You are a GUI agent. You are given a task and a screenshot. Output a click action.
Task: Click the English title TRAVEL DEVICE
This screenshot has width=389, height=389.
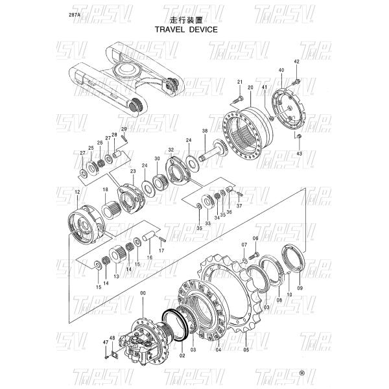[x=185, y=29]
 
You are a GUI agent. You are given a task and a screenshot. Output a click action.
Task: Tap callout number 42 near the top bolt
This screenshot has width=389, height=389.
[x=296, y=62]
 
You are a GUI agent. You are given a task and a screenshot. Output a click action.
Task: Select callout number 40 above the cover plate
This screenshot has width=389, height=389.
[x=281, y=70]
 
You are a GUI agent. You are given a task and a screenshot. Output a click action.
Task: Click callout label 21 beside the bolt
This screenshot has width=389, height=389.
[x=239, y=81]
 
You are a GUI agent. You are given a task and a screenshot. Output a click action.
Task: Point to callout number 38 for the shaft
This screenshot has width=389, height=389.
[x=205, y=131]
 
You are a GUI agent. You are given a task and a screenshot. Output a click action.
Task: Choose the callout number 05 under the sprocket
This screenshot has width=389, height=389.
[x=246, y=351]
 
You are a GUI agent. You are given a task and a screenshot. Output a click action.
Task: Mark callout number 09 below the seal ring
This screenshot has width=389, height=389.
[x=300, y=287]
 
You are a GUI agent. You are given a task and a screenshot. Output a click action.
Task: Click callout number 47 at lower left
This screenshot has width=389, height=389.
[x=105, y=342]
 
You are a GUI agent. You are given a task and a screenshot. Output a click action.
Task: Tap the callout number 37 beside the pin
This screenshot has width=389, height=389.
[x=239, y=206]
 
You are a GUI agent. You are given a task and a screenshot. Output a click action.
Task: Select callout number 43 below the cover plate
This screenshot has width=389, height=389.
[x=299, y=154]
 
